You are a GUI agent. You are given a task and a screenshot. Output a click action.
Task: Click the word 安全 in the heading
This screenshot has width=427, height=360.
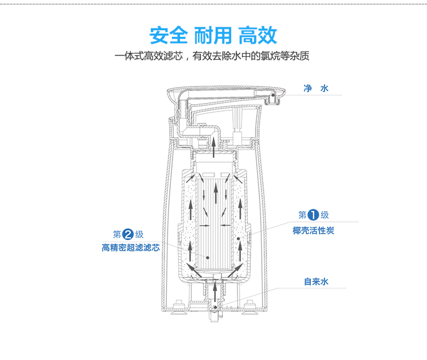click(x=169, y=35)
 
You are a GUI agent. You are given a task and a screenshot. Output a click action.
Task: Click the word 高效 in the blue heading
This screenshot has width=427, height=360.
click(x=258, y=35)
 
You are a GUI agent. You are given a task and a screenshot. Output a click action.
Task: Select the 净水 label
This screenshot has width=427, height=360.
click(x=316, y=89)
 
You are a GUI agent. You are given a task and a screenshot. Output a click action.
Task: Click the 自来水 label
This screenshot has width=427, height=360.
click(x=316, y=282)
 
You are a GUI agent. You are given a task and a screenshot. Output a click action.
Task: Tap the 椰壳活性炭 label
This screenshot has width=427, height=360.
click(x=313, y=230)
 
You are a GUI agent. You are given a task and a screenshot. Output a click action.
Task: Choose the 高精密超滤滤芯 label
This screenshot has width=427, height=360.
click(x=130, y=248)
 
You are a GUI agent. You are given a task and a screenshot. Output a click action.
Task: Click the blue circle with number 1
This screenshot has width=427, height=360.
click(x=313, y=215)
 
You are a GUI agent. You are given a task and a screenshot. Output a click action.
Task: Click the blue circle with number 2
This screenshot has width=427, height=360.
click(x=128, y=234)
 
